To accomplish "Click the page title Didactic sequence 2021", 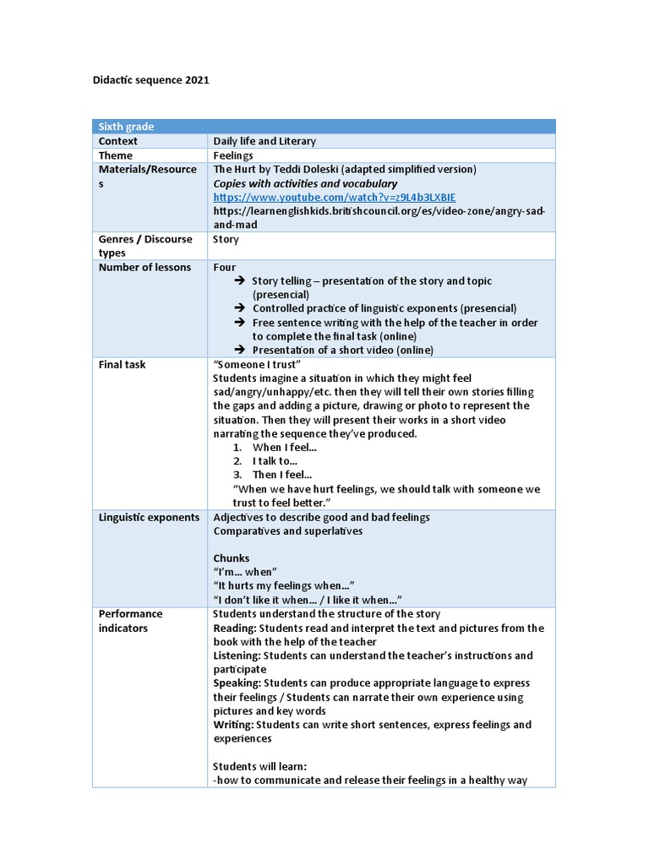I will [150, 80].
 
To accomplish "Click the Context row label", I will [118, 141].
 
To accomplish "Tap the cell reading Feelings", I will [233, 155].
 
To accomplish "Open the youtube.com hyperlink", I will [334, 197].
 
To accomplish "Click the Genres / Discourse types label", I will [145, 246].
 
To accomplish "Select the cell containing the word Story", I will [226, 239].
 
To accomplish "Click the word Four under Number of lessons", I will [225, 267].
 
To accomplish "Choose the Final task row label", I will [122, 364].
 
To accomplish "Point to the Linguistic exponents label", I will [150, 517].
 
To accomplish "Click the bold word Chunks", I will [232, 558].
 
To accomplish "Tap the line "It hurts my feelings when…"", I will [284, 585].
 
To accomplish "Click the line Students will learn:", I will [259, 766].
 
